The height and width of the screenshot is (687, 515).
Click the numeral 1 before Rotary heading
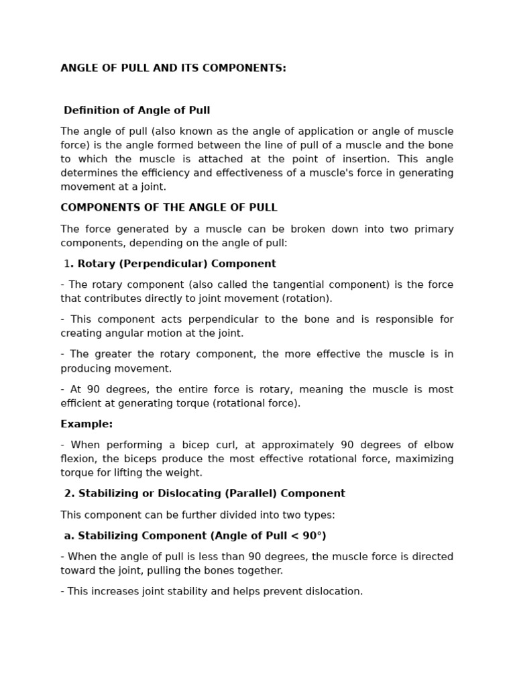click(x=67, y=264)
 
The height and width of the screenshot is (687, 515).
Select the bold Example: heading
click(x=87, y=424)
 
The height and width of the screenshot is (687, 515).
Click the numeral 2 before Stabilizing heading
click(x=68, y=494)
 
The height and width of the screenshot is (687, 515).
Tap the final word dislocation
click(x=333, y=592)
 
